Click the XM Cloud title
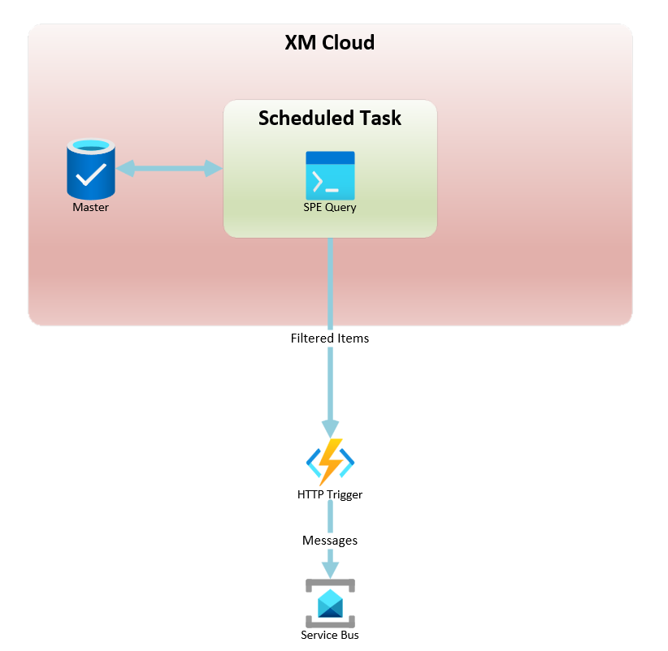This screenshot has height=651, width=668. [330, 42]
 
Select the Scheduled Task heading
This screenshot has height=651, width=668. [330, 118]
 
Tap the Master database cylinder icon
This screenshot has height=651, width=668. [91, 169]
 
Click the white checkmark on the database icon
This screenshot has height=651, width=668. [91, 175]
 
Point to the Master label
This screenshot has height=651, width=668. [90, 207]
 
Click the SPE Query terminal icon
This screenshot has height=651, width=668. [330, 175]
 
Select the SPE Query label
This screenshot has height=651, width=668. [330, 208]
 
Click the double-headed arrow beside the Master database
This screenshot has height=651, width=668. [169, 169]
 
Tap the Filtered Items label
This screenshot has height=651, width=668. [330, 338]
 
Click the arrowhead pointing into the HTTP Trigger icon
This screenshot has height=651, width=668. [330, 429]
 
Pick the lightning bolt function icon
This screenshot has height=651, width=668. [330, 462]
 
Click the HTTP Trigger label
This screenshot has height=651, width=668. [330, 495]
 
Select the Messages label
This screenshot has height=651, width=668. [330, 541]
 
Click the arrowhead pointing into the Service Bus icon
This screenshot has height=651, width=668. [330, 570]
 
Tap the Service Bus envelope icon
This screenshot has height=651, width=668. [330, 603]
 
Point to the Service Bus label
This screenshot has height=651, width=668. [330, 636]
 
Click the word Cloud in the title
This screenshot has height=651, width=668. [349, 42]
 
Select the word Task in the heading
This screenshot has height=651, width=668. [381, 118]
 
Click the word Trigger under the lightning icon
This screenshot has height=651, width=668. [345, 495]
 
